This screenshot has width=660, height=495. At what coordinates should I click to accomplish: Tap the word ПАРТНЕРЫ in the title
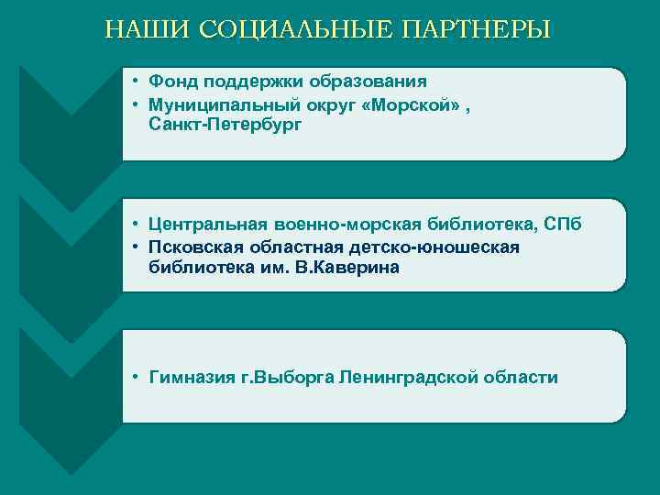477,29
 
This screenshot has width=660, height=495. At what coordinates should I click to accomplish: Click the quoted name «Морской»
413,104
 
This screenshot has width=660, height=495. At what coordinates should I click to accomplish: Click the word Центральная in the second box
207,225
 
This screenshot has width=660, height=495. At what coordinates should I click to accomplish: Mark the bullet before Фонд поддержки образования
134,82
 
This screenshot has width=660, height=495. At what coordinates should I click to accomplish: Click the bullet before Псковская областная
134,247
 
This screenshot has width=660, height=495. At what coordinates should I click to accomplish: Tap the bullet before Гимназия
134,378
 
